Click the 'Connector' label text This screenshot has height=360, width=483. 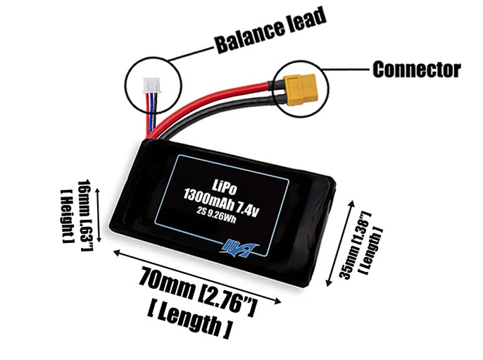pyautogui.click(x=416, y=70)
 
